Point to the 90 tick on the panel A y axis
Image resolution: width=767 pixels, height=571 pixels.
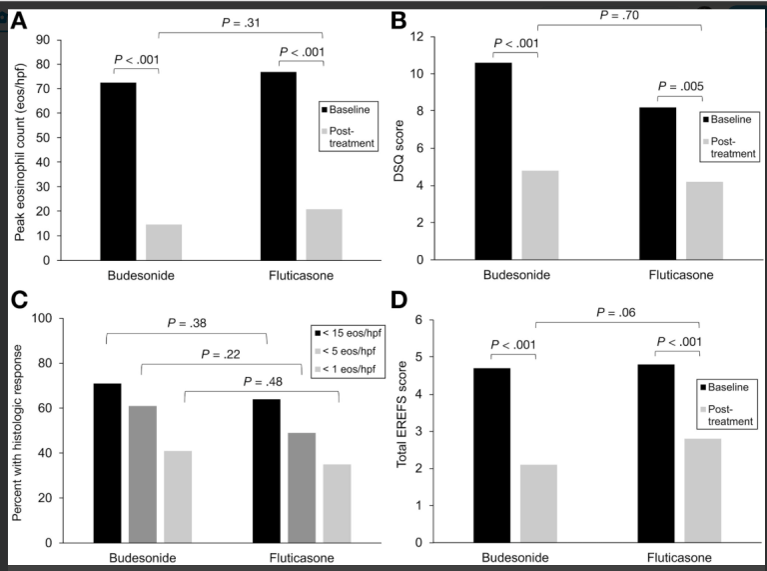tap(44, 40)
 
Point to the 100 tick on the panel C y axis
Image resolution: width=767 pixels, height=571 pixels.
tap(40, 319)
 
